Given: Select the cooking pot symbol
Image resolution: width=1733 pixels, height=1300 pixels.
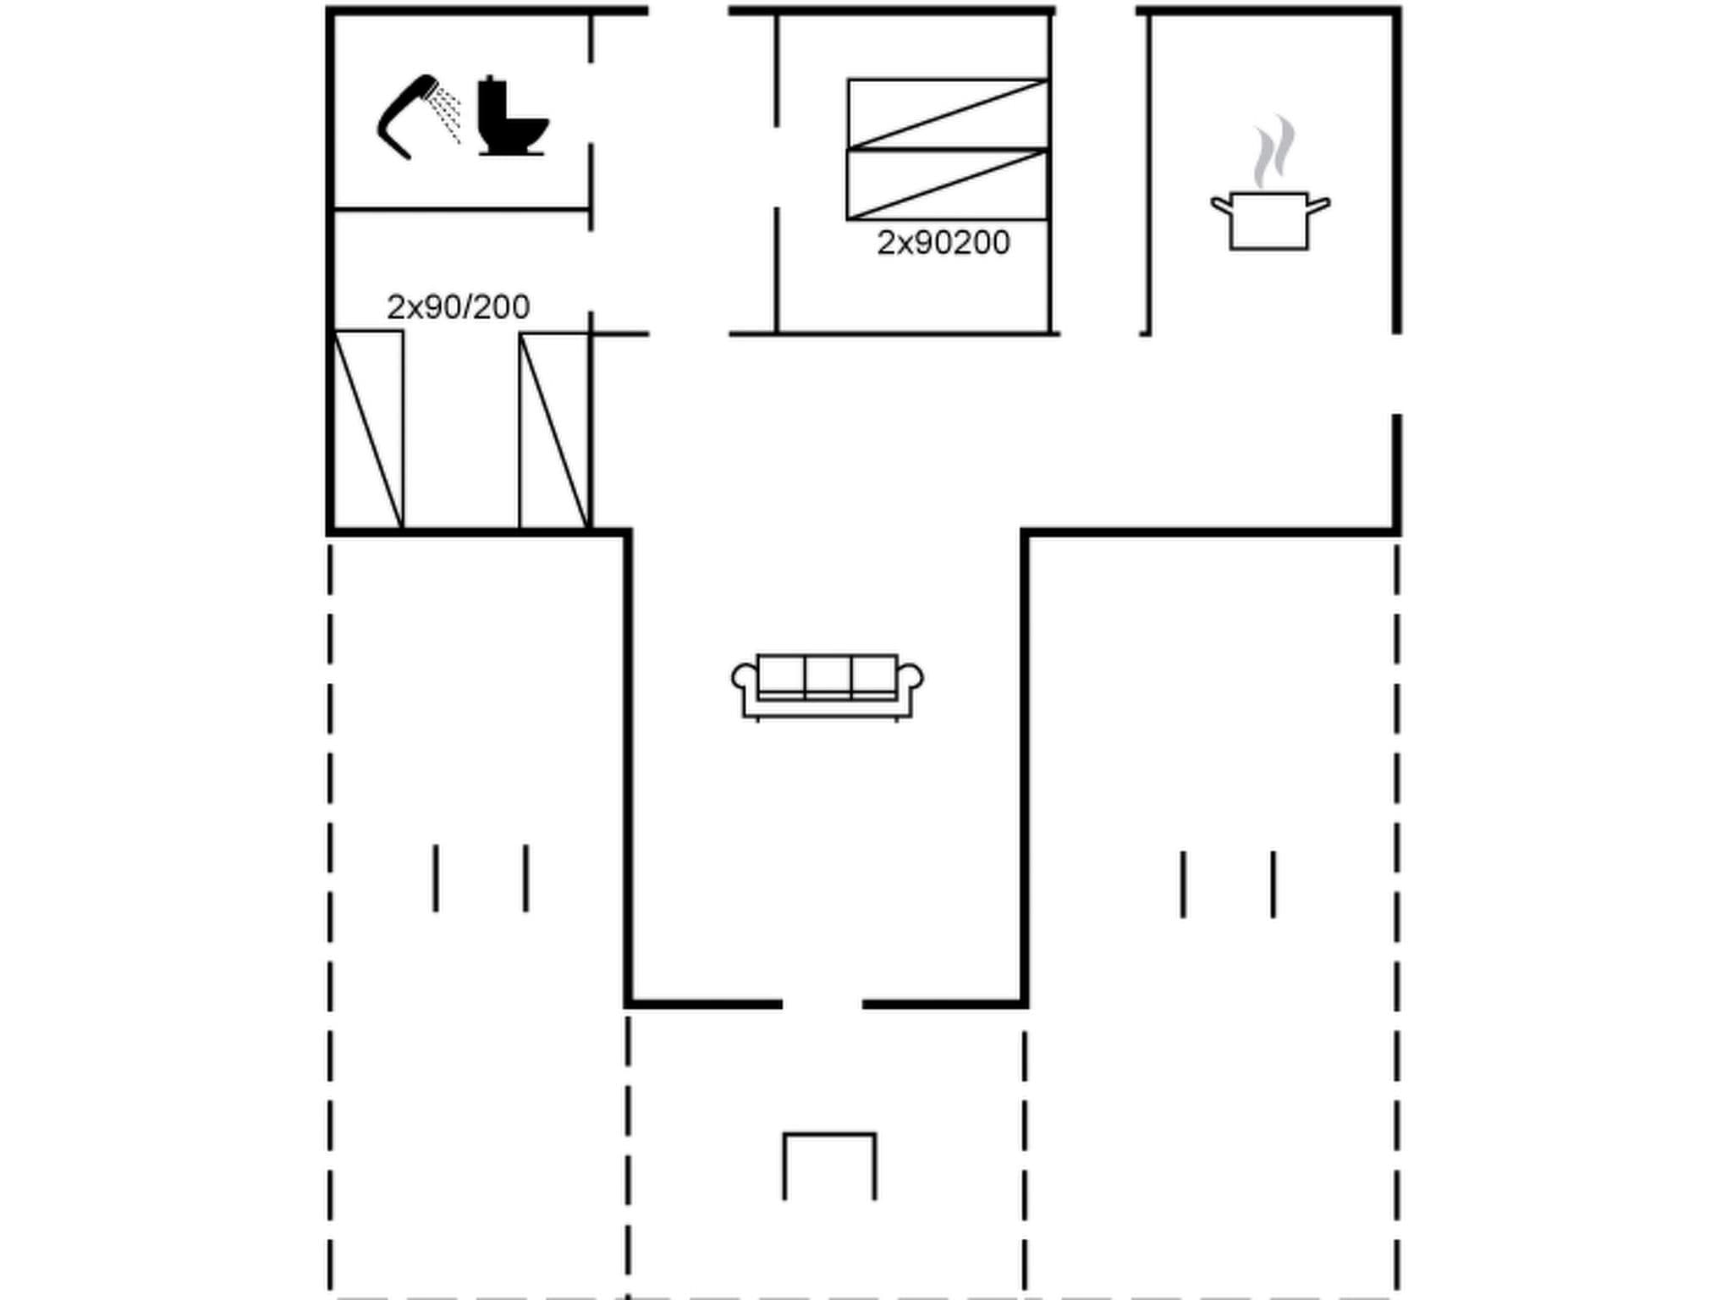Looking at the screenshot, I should click(1268, 221).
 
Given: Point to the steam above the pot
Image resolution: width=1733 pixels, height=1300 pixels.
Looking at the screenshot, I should click(1274, 151).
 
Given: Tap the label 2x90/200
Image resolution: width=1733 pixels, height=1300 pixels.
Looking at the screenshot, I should click(458, 307).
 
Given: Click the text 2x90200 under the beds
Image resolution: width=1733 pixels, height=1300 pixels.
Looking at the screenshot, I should click(943, 243).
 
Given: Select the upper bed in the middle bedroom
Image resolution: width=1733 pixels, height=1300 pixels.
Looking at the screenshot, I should click(948, 113).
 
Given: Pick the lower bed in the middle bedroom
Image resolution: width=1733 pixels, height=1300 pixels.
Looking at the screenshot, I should click(948, 185).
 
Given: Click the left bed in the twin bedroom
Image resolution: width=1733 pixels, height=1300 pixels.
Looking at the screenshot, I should click(369, 430).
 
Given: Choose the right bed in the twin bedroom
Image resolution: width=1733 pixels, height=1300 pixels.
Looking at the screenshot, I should click(553, 430).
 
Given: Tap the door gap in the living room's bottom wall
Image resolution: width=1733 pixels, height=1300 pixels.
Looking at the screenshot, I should click(822, 1005).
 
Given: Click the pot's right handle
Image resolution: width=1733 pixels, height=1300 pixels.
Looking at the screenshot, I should click(1319, 205).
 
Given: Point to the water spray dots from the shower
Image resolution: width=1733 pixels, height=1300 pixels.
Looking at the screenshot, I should click(447, 113).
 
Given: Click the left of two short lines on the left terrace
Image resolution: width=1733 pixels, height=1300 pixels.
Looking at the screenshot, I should click(436, 878).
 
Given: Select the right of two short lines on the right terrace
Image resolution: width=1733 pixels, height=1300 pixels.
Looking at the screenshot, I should click(1273, 884).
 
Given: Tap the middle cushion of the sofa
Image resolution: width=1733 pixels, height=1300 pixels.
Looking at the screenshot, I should click(828, 675).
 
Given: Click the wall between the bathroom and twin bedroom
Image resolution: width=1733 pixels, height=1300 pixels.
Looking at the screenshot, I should click(461, 208).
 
